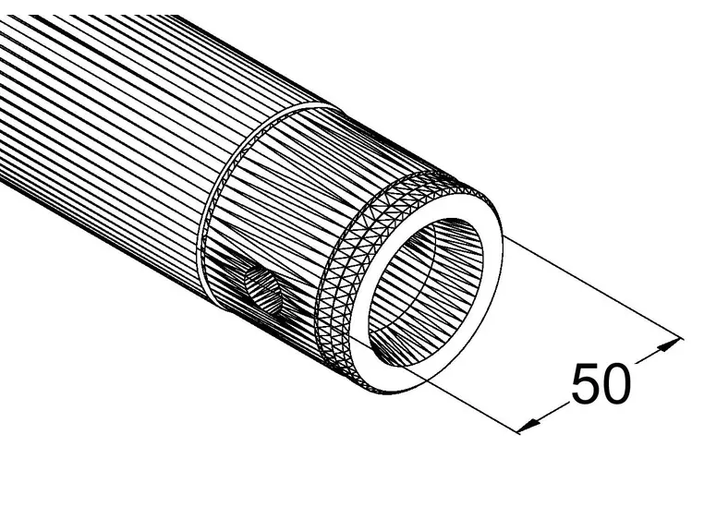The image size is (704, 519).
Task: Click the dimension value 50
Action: [601, 383]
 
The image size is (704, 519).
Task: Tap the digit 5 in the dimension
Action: [586, 383]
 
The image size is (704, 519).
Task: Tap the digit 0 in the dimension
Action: [615, 383]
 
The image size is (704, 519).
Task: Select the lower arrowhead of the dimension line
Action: [528, 425]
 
